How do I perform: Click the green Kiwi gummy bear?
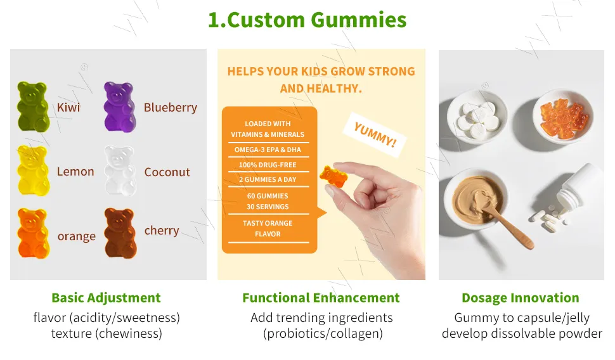(x=33, y=106)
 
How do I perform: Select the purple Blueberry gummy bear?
(x=120, y=106)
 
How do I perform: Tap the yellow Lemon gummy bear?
(x=34, y=170)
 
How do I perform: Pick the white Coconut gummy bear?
(x=120, y=171)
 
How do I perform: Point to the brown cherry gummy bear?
(x=120, y=233)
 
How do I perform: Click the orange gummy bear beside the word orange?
(x=34, y=233)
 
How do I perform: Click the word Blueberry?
(x=170, y=108)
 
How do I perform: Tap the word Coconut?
(x=167, y=172)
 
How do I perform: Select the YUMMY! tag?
(x=375, y=134)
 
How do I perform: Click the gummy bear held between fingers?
(x=333, y=176)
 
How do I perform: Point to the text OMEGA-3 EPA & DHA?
(x=268, y=150)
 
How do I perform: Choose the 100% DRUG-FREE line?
(x=268, y=165)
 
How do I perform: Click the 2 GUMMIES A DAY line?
(x=268, y=179)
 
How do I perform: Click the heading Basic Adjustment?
(x=107, y=298)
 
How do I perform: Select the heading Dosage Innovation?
(x=521, y=298)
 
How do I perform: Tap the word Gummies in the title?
(x=358, y=20)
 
